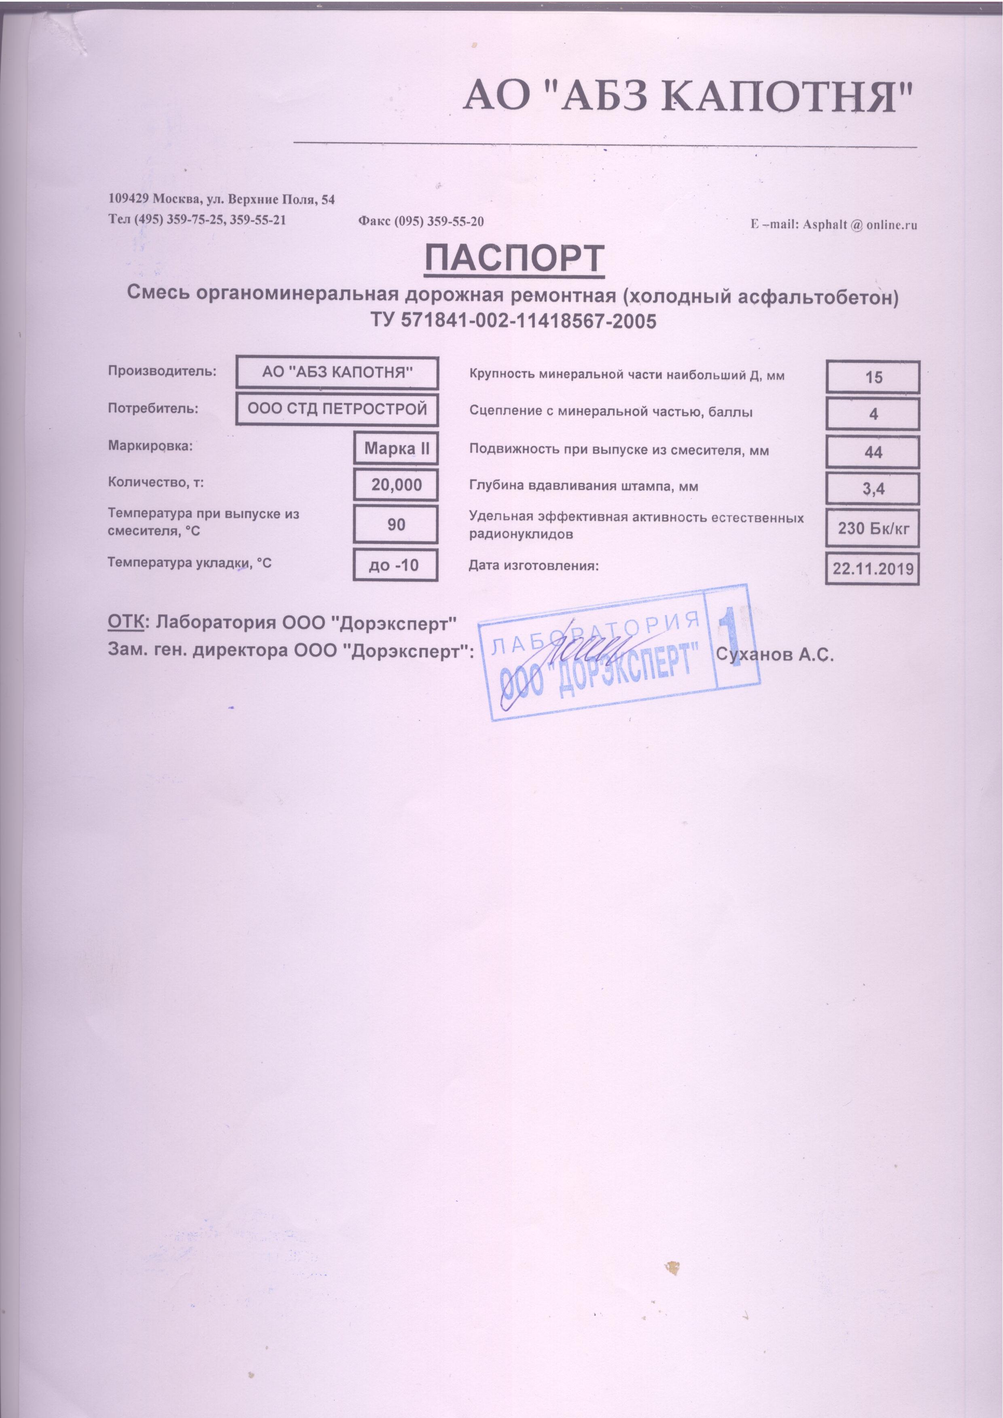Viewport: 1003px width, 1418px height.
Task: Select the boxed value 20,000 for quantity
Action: coord(396,485)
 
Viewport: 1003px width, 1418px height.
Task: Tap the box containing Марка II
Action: coord(396,448)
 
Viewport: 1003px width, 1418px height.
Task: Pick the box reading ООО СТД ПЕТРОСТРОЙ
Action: coord(337,410)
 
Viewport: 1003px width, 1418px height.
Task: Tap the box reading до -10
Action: coord(396,565)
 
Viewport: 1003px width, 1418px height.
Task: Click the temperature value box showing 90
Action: coord(396,524)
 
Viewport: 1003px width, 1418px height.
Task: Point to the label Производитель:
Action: coord(162,371)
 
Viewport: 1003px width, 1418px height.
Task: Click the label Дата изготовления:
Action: coord(534,565)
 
